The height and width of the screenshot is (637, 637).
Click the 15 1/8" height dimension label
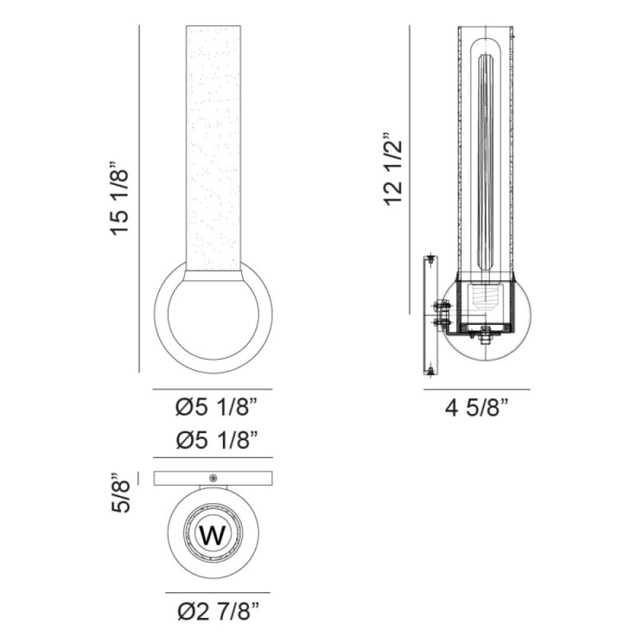tap(120, 198)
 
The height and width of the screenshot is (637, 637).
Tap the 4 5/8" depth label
tap(477, 408)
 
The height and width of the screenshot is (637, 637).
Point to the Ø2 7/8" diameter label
tap(218, 612)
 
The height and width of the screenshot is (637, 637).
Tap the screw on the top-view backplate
tap(213, 478)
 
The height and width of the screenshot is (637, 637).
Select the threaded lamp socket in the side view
tap(485, 297)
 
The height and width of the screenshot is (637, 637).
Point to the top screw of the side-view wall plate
tap(431, 259)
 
